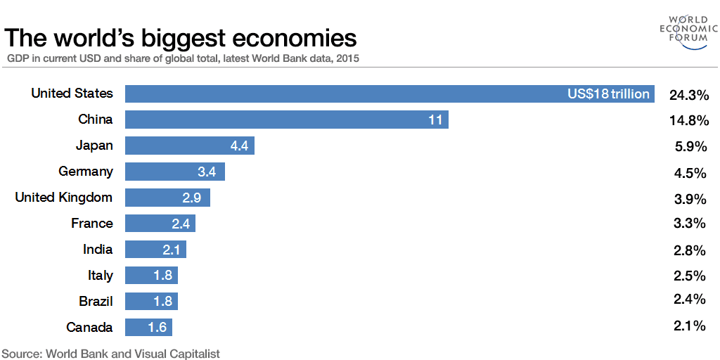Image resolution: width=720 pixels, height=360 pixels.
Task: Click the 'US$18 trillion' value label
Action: [608, 94]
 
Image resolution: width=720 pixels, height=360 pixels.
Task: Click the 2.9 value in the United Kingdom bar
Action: [191, 198]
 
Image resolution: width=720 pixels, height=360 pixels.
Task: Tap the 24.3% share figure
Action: [688, 95]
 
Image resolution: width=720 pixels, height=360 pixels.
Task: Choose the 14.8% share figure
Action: [688, 120]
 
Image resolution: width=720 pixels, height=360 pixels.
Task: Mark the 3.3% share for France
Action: [689, 224]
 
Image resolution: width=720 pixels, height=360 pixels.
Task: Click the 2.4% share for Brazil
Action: [689, 300]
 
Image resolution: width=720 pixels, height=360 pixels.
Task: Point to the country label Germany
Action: [86, 172]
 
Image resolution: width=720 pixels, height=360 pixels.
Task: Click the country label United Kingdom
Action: [64, 198]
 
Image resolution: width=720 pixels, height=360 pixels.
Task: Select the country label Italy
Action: [100, 276]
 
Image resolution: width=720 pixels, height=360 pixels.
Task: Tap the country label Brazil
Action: [96, 302]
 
